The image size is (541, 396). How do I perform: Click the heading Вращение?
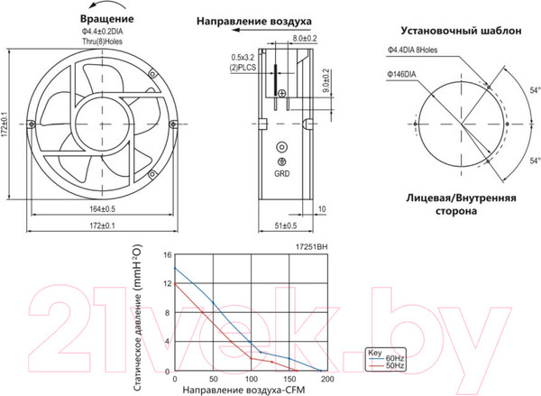coord(108,18)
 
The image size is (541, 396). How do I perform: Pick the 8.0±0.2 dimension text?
coord(306,39)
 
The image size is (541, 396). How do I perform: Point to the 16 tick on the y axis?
coord(167,254)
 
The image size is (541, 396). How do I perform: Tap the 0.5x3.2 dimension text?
coord(243,56)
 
